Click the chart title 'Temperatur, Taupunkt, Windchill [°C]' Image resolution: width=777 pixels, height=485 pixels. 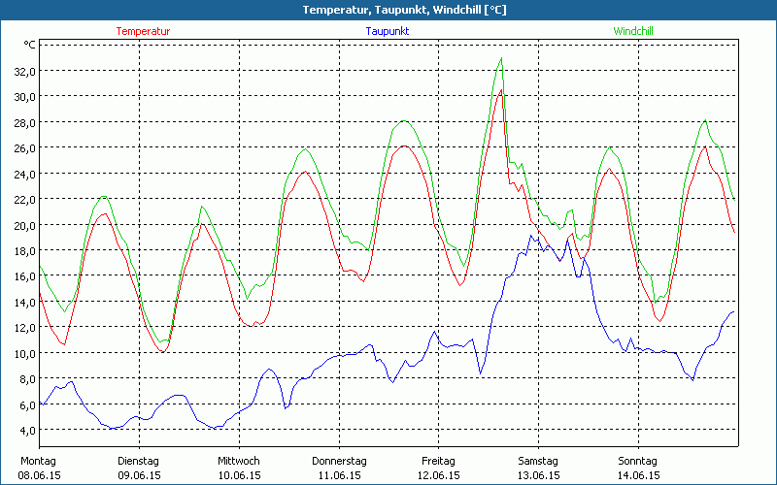[x=388, y=10]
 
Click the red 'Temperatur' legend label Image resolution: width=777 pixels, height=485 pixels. [x=143, y=31]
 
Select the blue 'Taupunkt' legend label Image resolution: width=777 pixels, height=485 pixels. [x=387, y=31]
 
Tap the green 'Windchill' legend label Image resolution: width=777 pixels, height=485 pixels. [x=632, y=31]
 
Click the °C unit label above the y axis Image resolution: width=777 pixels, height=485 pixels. [x=30, y=45]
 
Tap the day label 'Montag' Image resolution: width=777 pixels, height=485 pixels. [x=38, y=461]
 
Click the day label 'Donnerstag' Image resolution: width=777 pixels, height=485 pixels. [x=339, y=461]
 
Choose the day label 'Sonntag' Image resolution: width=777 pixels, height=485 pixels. [x=638, y=461]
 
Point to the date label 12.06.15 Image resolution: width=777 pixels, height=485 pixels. [x=439, y=475]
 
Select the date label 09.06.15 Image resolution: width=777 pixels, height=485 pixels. [x=139, y=475]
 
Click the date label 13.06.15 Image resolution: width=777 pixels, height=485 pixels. [x=538, y=475]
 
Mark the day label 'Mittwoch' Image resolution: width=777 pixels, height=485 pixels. [x=239, y=461]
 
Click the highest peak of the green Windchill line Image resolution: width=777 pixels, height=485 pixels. [x=501, y=58]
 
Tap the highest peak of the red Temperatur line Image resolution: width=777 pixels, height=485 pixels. [x=500, y=90]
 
